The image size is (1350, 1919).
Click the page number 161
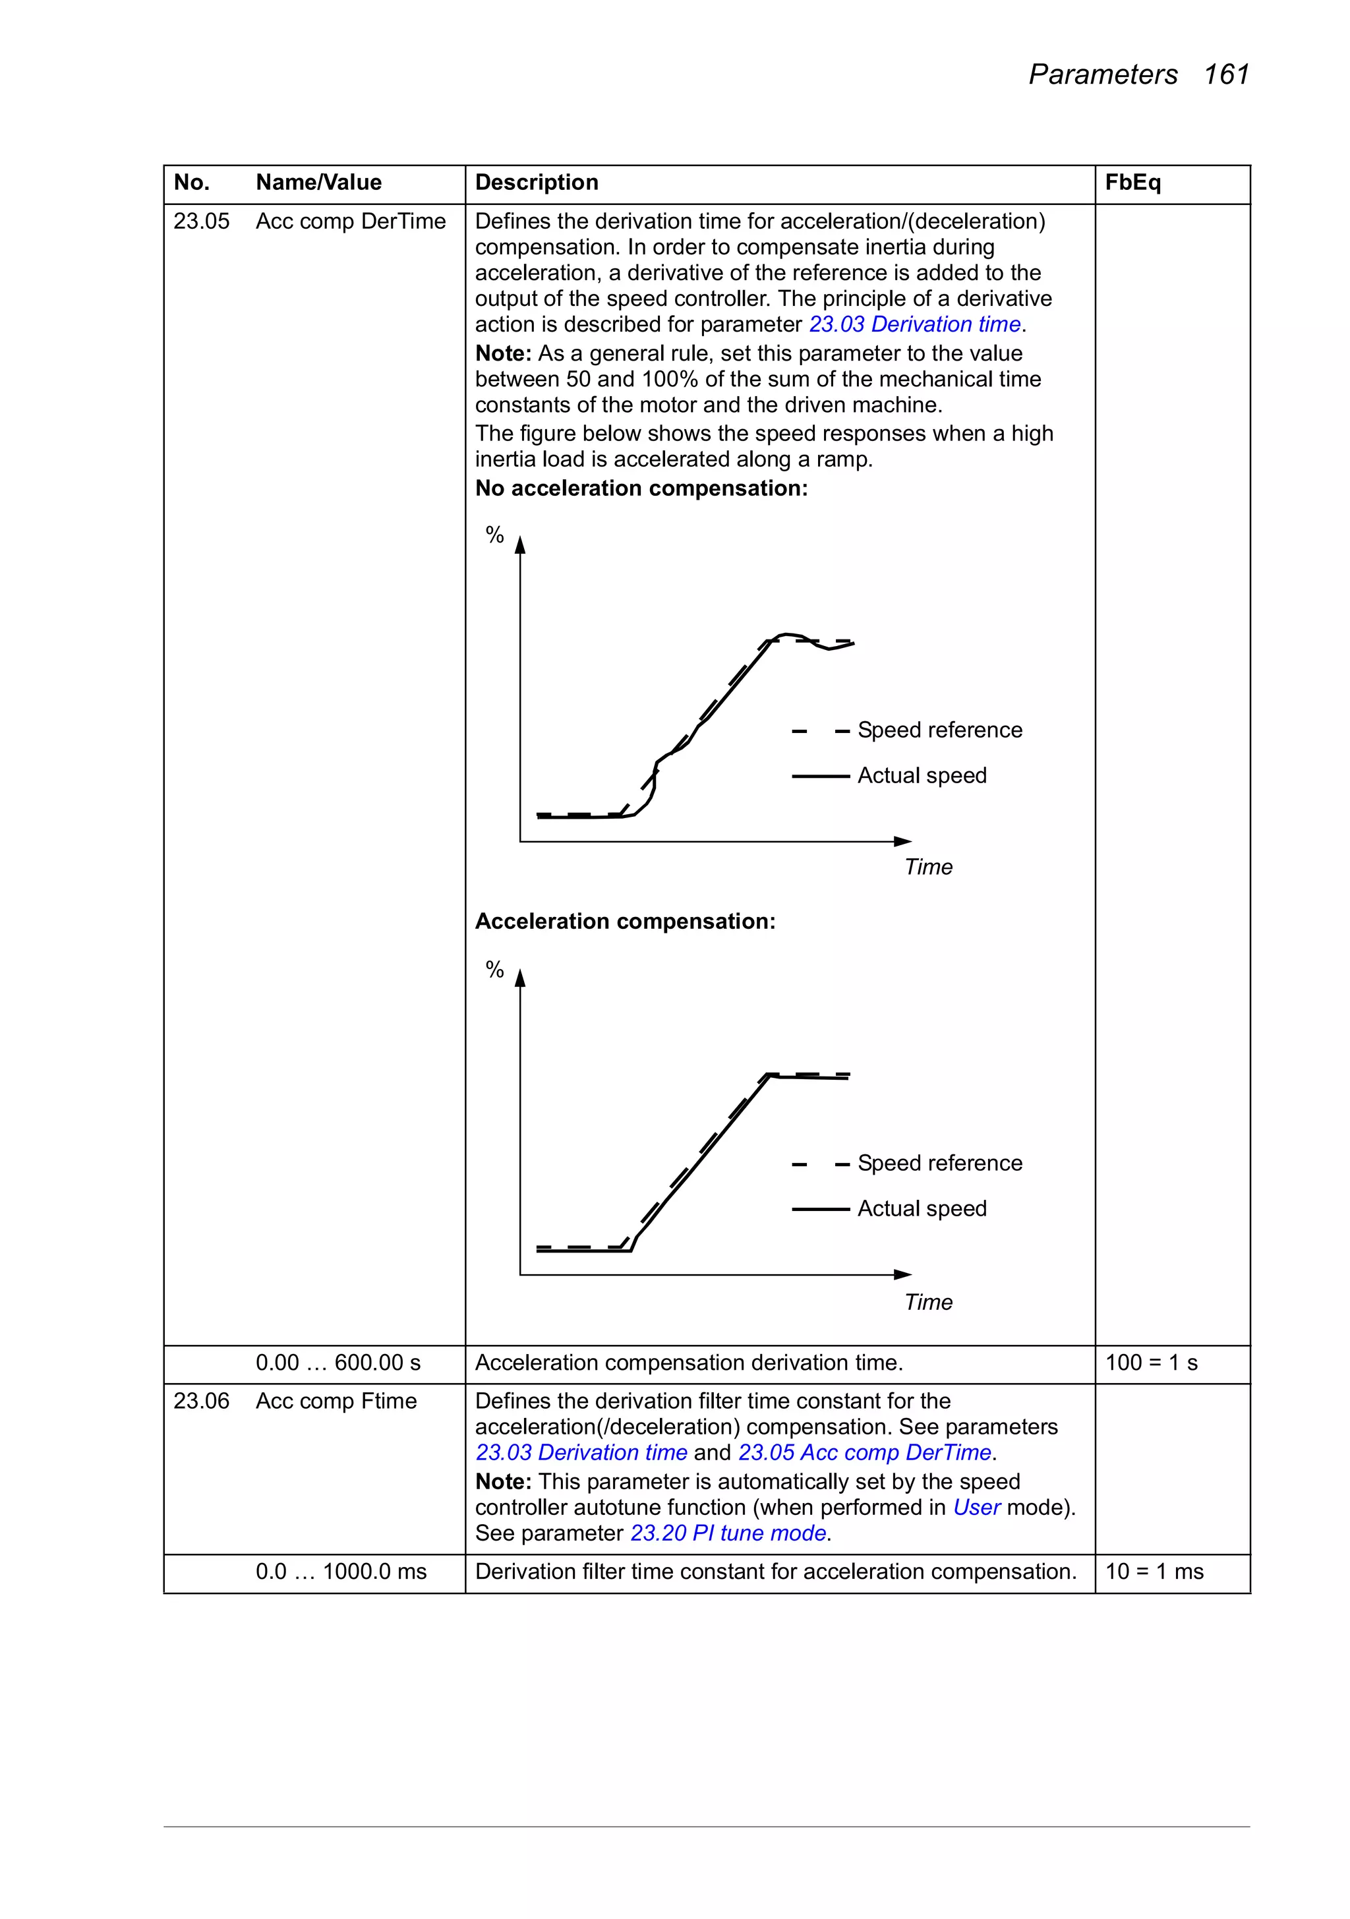pyautogui.click(x=1225, y=74)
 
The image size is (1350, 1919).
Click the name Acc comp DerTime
pyautogui.click(x=350, y=221)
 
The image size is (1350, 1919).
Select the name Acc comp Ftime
pyautogui.click(x=336, y=1401)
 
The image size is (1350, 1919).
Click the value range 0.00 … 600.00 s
pyautogui.click(x=337, y=1363)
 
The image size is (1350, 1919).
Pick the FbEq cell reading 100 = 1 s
pyautogui.click(x=1151, y=1363)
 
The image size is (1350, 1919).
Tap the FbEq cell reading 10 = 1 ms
pyautogui.click(x=1154, y=1572)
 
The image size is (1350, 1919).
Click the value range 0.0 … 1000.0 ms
pyautogui.click(x=341, y=1572)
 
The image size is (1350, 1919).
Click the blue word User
pyautogui.click(x=976, y=1507)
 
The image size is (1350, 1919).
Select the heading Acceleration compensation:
pyautogui.click(x=624, y=921)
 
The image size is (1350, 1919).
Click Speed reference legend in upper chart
pyautogui.click(x=939, y=730)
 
